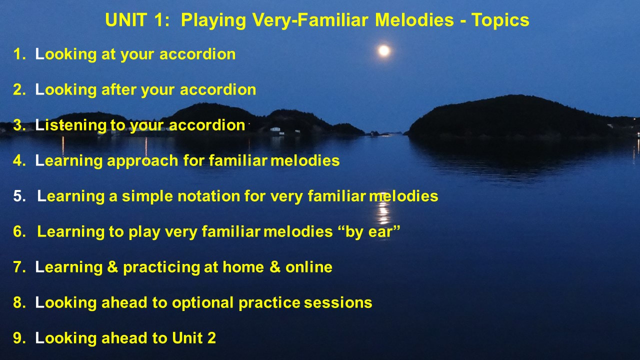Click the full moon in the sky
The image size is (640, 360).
383,50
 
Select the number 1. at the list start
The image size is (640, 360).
19,54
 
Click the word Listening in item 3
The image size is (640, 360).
70,125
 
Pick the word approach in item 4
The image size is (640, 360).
142,161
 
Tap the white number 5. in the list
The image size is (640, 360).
19,196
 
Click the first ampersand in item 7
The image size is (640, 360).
112,267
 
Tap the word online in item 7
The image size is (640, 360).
309,267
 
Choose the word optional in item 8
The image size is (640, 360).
202,303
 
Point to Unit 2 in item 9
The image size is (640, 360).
194,338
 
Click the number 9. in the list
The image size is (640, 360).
19,338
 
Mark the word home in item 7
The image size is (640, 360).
243,267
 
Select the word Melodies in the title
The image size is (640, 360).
414,20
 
